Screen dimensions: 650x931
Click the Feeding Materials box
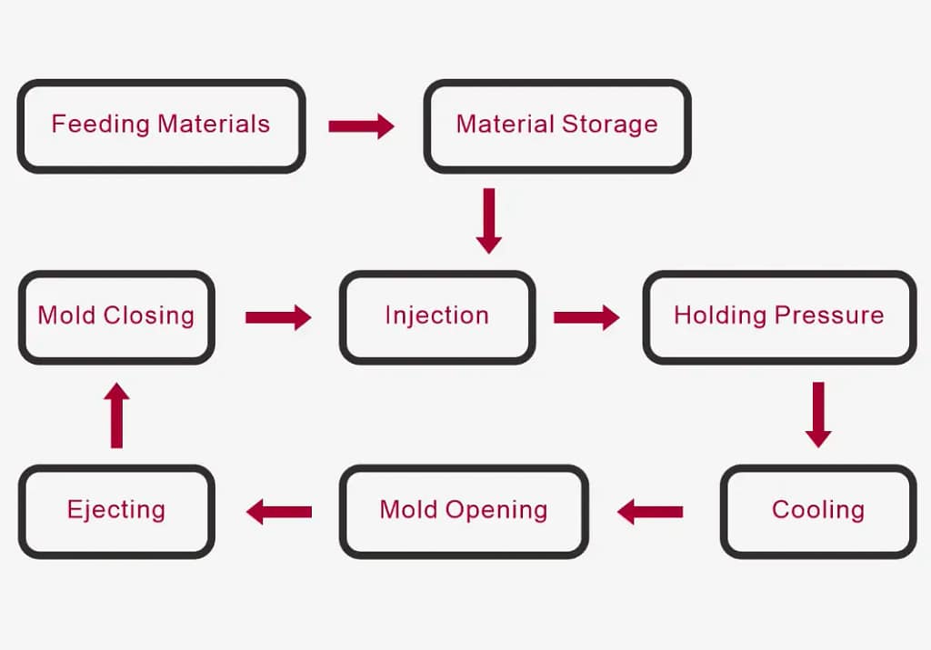(x=161, y=125)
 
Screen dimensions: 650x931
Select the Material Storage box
(x=556, y=125)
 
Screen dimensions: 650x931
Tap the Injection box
(x=436, y=316)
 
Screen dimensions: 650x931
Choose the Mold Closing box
(x=116, y=316)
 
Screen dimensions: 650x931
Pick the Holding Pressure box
(x=778, y=316)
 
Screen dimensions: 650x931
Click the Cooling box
(x=817, y=510)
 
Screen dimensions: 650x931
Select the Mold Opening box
(x=464, y=510)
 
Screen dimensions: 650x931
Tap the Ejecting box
(x=116, y=510)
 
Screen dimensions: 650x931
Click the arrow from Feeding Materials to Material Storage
(x=361, y=125)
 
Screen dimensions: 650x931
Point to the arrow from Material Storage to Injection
(x=489, y=220)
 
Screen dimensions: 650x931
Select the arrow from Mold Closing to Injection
(x=278, y=317)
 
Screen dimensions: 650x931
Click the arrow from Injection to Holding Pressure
(x=586, y=317)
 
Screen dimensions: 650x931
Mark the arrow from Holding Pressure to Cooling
(x=818, y=415)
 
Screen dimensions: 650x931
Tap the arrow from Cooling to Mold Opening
(x=650, y=512)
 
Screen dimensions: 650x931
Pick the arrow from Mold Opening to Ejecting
(x=279, y=512)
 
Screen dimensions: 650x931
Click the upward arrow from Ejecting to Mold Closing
(x=116, y=415)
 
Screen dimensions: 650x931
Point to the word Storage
(x=609, y=125)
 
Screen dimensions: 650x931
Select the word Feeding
(x=100, y=125)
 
